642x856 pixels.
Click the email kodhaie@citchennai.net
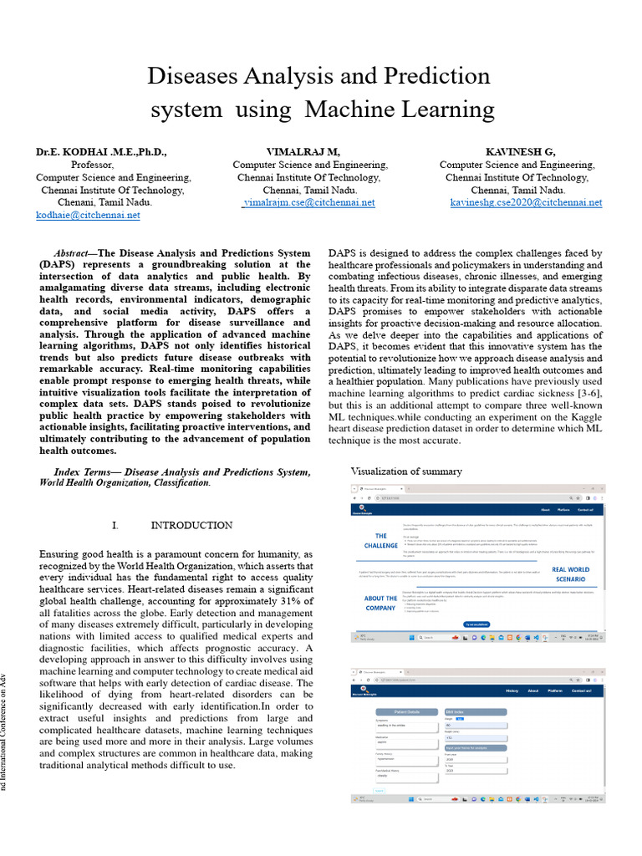pyautogui.click(x=88, y=215)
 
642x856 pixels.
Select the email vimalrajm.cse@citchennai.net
pyautogui.click(x=308, y=202)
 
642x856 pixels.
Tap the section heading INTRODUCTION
pyautogui.click(x=191, y=526)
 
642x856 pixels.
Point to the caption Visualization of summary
pyautogui.click(x=406, y=471)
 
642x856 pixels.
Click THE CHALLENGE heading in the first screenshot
pyautogui.click(x=381, y=541)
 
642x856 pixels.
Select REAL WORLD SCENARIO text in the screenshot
pyautogui.click(x=571, y=574)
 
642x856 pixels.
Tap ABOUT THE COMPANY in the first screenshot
pyautogui.click(x=381, y=603)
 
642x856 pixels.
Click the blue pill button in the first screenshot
pyautogui.click(x=476, y=624)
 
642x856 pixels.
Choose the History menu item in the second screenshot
pyautogui.click(x=512, y=690)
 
